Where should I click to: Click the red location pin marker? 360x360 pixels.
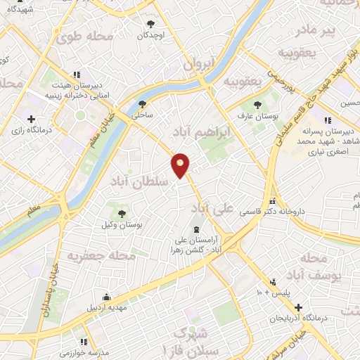[x=181, y=165]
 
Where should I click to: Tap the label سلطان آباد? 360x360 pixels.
[x=139, y=181]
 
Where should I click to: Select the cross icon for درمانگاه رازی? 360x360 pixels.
[x=30, y=118]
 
